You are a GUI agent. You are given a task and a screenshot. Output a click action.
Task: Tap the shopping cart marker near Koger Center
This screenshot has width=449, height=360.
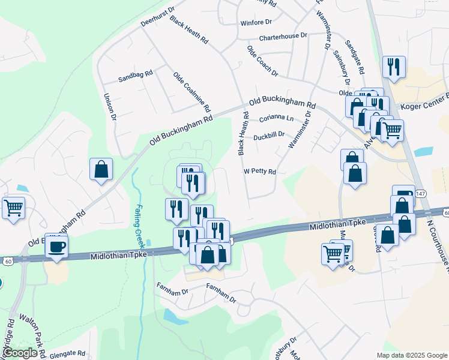pos(392,130)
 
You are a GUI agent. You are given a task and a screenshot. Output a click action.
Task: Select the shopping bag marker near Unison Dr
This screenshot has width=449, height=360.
pos(101,169)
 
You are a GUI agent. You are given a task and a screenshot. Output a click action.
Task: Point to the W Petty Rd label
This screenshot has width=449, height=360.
pos(259,172)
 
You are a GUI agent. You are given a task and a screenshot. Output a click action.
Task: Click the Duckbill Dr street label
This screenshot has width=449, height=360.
pos(268,136)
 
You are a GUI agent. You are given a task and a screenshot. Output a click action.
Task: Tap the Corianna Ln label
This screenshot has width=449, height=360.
pos(277,118)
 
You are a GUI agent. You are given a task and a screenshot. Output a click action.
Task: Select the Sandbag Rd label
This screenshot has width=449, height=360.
pos(136,77)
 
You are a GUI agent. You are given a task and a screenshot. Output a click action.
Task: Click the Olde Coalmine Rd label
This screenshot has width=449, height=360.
pos(191,92)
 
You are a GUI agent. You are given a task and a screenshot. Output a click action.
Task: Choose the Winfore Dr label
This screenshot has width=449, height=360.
pos(256,22)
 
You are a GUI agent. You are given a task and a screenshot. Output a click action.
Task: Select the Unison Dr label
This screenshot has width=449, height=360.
pos(109,107)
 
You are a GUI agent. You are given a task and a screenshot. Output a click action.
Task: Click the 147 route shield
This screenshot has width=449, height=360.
pos(421,193)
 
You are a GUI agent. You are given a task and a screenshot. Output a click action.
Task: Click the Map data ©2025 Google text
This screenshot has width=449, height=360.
pos(411,355)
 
